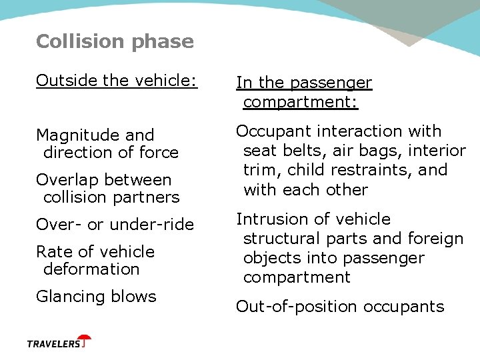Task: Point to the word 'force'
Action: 158,153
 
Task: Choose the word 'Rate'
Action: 52,252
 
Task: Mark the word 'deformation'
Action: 91,269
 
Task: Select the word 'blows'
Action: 136,297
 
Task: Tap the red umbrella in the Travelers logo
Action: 84,341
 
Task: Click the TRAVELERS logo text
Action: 53,344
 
